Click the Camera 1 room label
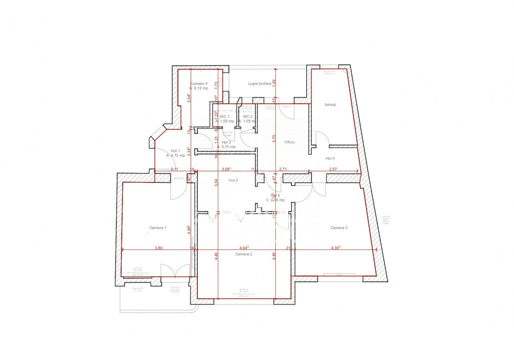click(158, 228)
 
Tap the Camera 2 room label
click(244, 254)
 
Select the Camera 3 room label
click(339, 228)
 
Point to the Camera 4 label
click(199, 83)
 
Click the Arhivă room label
click(330, 105)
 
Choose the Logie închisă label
click(259, 83)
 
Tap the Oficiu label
click(289, 142)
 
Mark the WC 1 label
click(224, 116)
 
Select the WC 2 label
click(248, 116)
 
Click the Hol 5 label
click(330, 158)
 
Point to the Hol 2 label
click(233, 180)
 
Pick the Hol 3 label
click(226, 142)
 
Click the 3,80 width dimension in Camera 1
click(158, 247)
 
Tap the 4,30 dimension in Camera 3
click(336, 247)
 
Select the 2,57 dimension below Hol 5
click(333, 169)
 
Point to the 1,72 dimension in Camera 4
click(216, 85)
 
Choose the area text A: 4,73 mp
click(176, 155)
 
